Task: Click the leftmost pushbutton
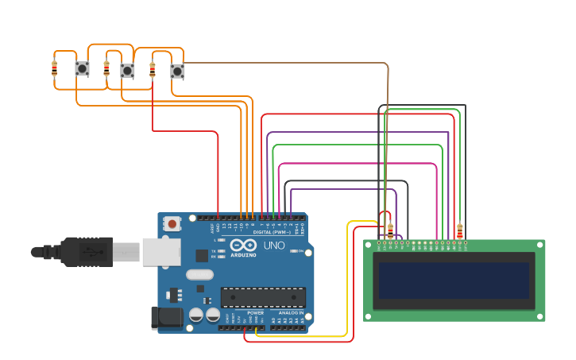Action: click(82, 69)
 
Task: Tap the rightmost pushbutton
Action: click(177, 72)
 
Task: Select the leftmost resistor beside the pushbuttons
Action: click(55, 68)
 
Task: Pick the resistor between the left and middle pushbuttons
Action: click(106, 68)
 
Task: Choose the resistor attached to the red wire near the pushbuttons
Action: click(153, 70)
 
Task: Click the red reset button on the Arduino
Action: click(172, 225)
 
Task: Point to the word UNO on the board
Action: click(274, 246)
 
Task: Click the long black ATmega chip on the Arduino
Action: click(263, 297)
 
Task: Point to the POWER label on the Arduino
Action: click(255, 313)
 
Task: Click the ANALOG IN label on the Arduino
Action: click(291, 313)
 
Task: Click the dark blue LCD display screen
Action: click(454, 281)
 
